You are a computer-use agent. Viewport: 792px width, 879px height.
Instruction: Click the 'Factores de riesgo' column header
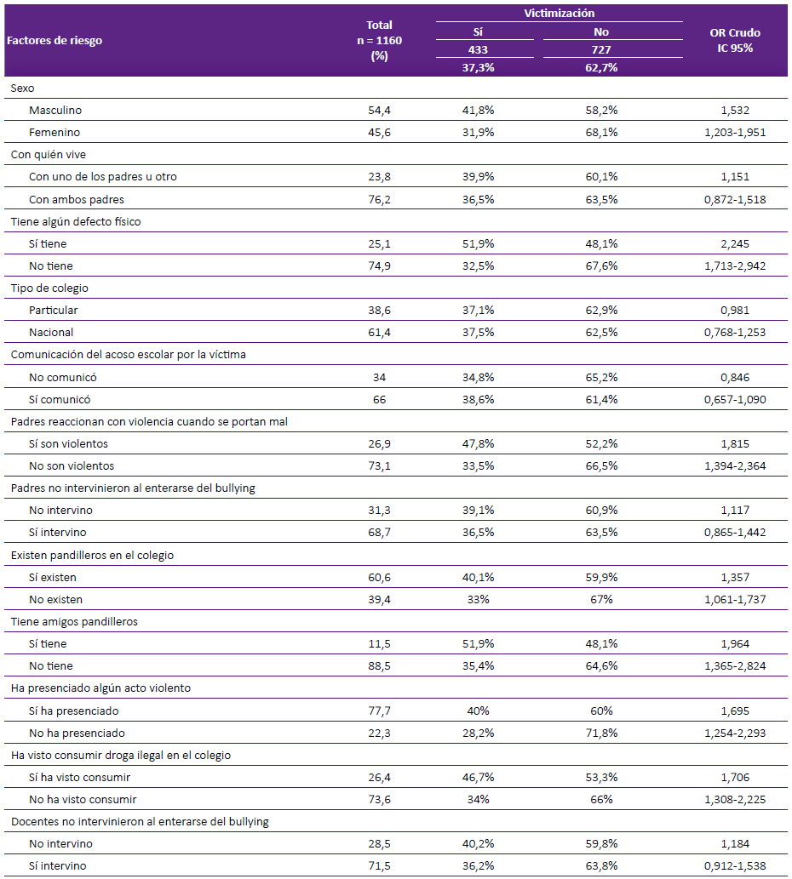[55, 40]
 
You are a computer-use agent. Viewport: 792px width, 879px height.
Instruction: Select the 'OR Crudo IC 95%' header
[735, 40]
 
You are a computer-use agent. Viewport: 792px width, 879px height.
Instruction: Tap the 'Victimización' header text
[560, 13]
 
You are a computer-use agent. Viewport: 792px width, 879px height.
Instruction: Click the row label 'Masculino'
[55, 111]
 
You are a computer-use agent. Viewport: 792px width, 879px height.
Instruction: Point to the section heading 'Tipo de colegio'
[49, 288]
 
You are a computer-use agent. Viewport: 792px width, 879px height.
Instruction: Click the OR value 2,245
[735, 244]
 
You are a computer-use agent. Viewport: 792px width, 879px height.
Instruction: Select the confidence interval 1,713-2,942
[735, 265]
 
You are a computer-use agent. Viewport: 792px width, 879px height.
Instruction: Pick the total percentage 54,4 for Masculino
[379, 111]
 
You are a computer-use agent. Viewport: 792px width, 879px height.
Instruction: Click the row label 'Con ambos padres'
[77, 200]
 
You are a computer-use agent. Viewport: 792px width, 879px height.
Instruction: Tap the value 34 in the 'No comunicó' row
[379, 377]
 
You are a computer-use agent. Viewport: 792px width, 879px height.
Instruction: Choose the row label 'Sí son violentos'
[68, 444]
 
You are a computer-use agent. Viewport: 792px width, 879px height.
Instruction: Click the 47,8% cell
[478, 444]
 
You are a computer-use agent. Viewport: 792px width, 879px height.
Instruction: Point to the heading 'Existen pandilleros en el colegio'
[92, 555]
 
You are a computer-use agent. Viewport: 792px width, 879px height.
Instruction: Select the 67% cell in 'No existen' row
[601, 599]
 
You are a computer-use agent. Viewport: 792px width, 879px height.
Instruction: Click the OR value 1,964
[735, 644]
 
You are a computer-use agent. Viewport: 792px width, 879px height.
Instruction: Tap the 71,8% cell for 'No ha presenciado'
[601, 733]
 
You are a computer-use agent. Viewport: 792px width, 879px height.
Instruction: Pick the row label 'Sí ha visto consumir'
[80, 778]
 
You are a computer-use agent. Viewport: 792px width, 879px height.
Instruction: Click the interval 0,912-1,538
[735, 866]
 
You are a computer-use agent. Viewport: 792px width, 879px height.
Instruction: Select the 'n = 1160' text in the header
[379, 40]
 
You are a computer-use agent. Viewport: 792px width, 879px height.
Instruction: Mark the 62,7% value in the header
[601, 68]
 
